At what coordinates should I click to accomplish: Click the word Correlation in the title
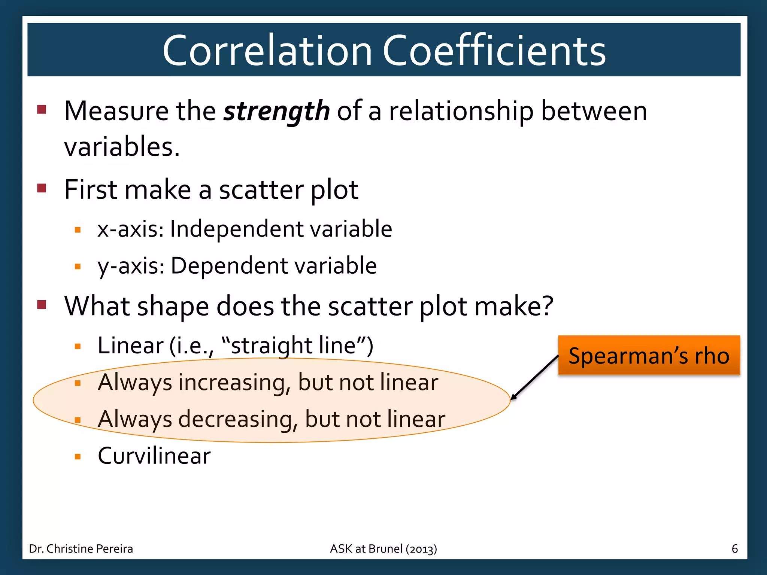(x=267, y=51)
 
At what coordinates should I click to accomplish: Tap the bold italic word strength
(x=276, y=111)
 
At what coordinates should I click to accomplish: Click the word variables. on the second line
(x=122, y=147)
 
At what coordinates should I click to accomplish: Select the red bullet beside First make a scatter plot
(x=42, y=188)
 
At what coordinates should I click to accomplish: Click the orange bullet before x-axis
(x=78, y=230)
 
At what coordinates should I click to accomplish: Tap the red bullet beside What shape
(x=42, y=304)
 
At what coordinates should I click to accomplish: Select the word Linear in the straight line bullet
(x=130, y=345)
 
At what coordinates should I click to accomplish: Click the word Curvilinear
(x=154, y=456)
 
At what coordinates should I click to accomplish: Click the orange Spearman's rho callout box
(x=649, y=355)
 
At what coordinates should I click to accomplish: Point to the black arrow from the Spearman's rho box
(x=535, y=377)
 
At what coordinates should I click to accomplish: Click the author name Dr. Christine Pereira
(x=81, y=549)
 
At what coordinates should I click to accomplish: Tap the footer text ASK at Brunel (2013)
(x=383, y=549)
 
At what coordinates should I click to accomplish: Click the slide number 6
(x=734, y=549)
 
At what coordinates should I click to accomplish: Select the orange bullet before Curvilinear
(x=78, y=457)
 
